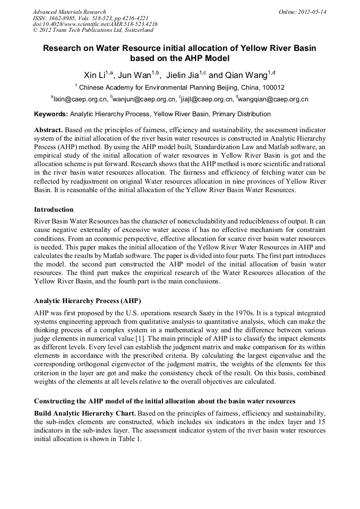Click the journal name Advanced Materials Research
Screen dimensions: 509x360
[x=69, y=11]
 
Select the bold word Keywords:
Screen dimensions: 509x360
[x=51, y=114]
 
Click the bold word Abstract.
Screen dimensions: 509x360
[x=49, y=130]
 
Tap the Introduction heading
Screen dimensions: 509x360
[x=54, y=210]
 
